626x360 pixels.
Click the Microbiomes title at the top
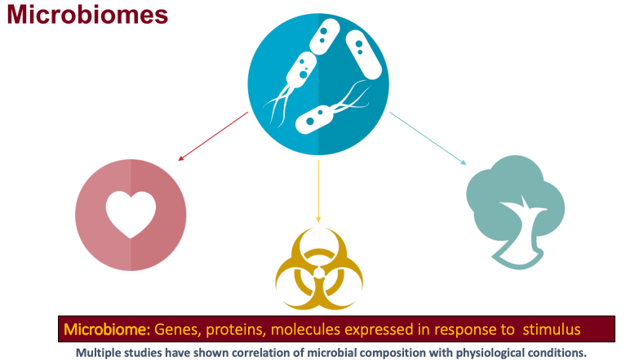pyautogui.click(x=87, y=15)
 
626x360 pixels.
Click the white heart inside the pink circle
pyautogui.click(x=131, y=215)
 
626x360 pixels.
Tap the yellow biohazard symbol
pyautogui.click(x=319, y=269)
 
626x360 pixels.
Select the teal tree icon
pyautogui.click(x=516, y=211)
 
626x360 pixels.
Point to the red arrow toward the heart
pyautogui.click(x=213, y=136)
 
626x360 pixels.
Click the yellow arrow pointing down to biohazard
pyautogui.click(x=318, y=191)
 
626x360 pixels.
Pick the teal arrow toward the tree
pyautogui.click(x=428, y=138)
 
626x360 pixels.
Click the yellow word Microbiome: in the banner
pyautogui.click(x=107, y=330)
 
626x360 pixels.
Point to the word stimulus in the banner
pyautogui.click(x=552, y=330)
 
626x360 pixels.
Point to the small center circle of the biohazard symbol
pyautogui.click(x=319, y=273)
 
